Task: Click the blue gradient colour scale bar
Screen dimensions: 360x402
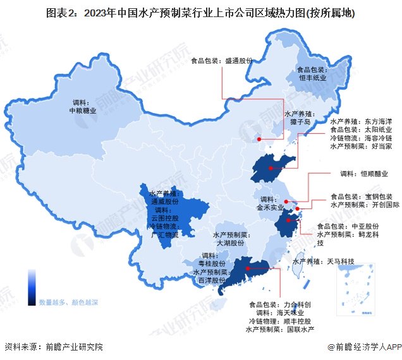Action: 32,287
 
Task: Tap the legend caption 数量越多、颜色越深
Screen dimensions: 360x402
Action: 68,303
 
